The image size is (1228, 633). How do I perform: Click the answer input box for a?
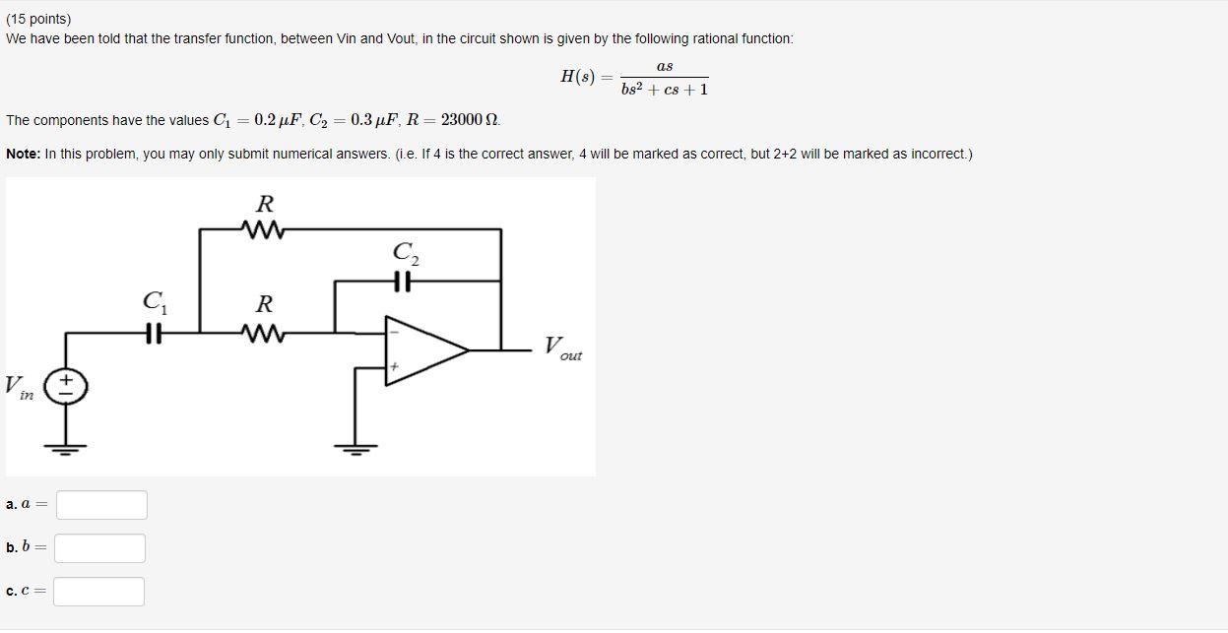(101, 505)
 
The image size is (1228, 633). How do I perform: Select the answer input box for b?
(99, 548)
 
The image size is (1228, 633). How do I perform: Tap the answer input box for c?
(98, 592)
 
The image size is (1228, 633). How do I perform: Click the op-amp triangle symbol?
(422, 349)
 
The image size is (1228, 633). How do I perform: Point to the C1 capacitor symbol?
(153, 334)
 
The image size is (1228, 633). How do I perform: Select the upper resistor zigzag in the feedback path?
(264, 230)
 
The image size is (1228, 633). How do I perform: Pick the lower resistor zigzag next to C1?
(264, 334)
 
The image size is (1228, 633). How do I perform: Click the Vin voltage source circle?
(67, 386)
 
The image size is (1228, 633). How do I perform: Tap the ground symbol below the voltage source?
(67, 449)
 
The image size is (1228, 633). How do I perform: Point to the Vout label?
(562, 348)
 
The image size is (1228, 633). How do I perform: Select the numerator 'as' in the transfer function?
(665, 66)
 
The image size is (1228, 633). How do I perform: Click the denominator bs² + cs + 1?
(665, 90)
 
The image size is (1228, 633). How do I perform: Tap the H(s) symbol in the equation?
(578, 77)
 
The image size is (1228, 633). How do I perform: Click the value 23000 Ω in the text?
(470, 120)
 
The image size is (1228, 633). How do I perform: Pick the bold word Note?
(23, 155)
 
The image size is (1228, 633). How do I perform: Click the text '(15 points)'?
(38, 19)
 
